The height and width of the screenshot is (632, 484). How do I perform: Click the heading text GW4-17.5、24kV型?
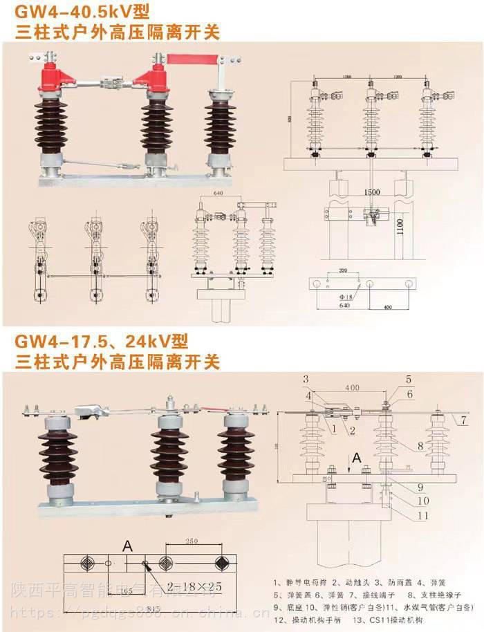pyautogui.click(x=103, y=341)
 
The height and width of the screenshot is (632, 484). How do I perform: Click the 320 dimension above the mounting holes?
pyautogui.click(x=343, y=272)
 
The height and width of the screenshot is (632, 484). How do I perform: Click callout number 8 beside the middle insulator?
pyautogui.click(x=420, y=447)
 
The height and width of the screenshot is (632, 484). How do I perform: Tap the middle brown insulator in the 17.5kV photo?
pyautogui.click(x=169, y=456)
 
